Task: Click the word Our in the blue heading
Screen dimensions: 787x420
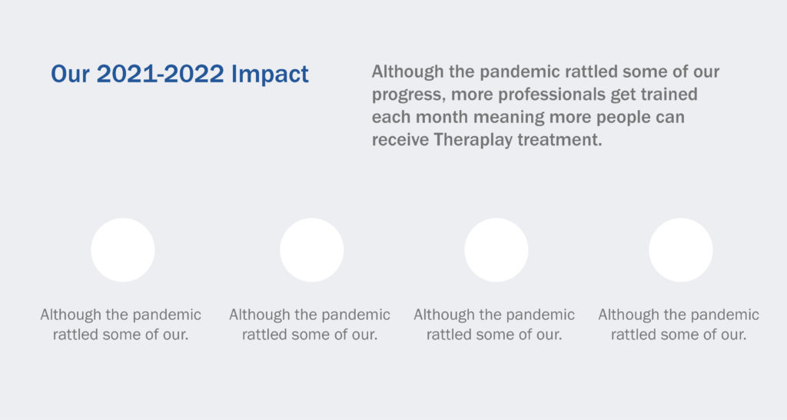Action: point(70,74)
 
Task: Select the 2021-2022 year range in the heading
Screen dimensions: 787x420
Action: point(160,74)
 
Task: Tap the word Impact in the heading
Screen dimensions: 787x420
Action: point(270,75)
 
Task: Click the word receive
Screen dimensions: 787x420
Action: point(400,140)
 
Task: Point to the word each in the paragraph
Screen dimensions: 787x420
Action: point(391,117)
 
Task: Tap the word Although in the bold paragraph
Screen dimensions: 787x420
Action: point(407,72)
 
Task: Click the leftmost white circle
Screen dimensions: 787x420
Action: point(123,250)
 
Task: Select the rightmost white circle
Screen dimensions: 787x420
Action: point(681,250)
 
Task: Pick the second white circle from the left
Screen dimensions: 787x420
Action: point(312,250)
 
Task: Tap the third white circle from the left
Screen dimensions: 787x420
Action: point(496,250)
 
